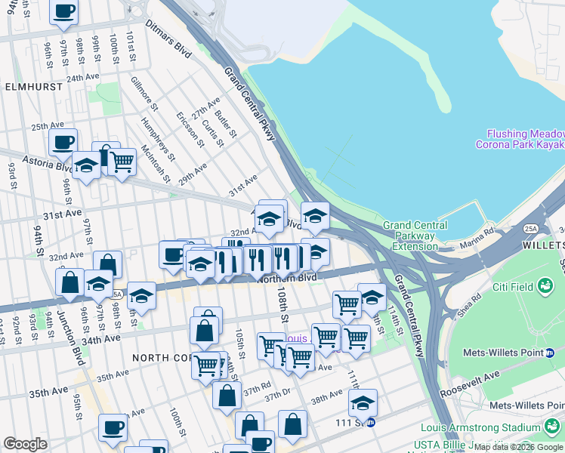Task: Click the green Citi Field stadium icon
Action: pyautogui.click(x=545, y=286)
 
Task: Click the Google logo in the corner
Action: pyautogui.click(x=25, y=444)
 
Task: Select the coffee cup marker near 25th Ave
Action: pyautogui.click(x=63, y=141)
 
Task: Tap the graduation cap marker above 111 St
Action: pyautogui.click(x=363, y=402)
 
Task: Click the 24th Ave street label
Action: pyautogui.click(x=84, y=78)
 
